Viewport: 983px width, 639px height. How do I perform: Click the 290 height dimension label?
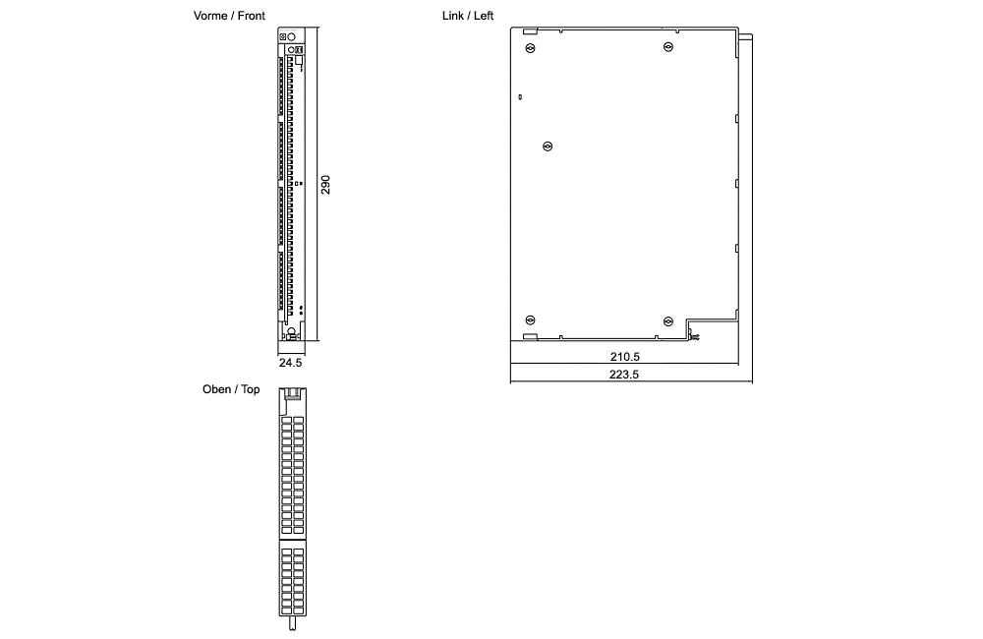tap(326, 185)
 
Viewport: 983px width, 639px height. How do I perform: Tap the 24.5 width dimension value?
tap(290, 363)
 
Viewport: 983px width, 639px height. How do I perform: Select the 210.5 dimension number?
tap(624, 356)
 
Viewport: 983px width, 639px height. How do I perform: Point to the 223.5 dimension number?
tap(624, 375)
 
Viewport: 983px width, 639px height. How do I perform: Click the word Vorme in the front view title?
tap(210, 17)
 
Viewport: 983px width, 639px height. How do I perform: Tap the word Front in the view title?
tap(252, 17)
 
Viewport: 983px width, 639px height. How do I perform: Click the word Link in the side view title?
tap(453, 17)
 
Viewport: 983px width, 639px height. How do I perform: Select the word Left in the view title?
tap(483, 17)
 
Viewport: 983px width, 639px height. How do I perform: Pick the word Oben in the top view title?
tap(216, 390)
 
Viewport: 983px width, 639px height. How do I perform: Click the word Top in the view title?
tap(251, 390)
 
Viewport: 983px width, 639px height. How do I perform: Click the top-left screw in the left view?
tap(531, 47)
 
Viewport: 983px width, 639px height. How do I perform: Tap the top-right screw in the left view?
tap(667, 47)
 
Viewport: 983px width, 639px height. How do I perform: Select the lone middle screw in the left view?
tap(549, 146)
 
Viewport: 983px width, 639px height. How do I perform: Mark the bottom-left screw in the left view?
tap(531, 319)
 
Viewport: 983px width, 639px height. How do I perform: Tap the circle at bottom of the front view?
tap(292, 331)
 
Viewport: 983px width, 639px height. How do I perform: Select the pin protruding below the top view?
tap(293, 622)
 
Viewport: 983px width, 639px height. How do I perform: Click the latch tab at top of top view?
tap(293, 395)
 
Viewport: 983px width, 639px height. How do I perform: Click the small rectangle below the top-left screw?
tap(519, 97)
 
